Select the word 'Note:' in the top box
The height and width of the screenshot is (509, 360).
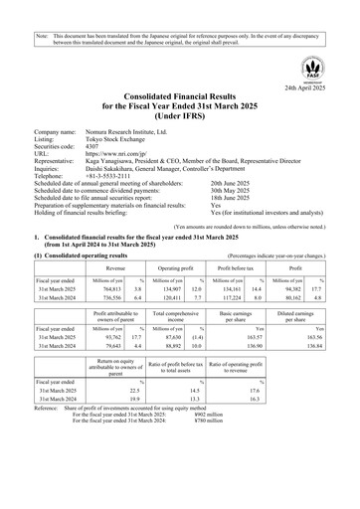pyautogui.click(x=42, y=8)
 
